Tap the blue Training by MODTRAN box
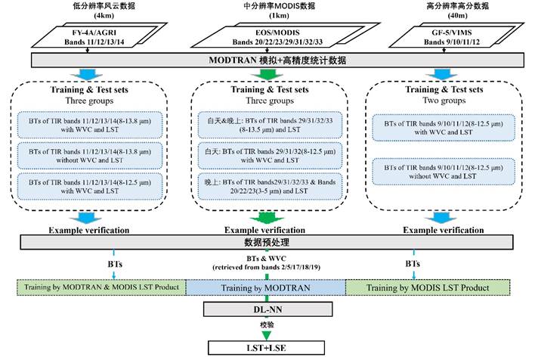[265, 288]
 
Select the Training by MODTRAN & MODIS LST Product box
[101, 288]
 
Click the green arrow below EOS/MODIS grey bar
[267, 73]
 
